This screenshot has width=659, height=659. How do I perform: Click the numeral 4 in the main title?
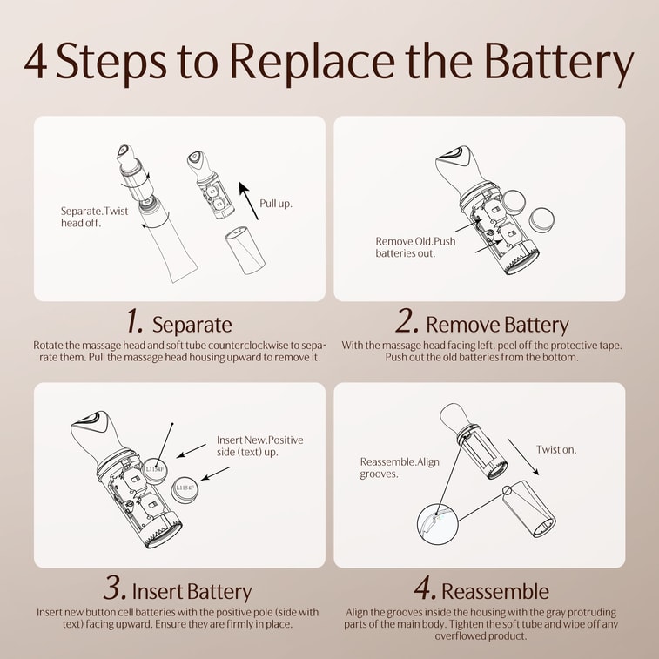36,61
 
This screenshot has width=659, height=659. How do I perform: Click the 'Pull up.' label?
276,204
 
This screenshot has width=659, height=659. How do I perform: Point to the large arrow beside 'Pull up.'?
248,200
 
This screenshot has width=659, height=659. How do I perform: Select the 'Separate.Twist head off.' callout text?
94,217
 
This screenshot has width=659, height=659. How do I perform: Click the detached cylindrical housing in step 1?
245,250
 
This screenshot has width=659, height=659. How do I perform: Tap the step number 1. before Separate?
135,321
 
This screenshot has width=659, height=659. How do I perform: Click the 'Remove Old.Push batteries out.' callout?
415,247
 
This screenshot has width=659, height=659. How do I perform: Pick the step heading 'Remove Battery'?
497,325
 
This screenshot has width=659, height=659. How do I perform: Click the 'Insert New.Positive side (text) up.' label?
259,446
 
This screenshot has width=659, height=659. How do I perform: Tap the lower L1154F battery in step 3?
185,488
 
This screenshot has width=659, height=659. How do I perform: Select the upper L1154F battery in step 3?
154,470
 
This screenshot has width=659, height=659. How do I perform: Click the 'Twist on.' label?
556,450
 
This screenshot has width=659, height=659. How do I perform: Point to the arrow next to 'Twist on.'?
523,457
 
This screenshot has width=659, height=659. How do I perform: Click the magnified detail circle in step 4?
437,525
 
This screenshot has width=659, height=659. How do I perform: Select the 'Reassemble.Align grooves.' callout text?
400,467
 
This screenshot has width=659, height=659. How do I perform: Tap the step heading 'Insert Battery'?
192,591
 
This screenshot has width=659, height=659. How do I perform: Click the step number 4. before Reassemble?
425,588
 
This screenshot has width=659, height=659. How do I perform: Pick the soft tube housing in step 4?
529,509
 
